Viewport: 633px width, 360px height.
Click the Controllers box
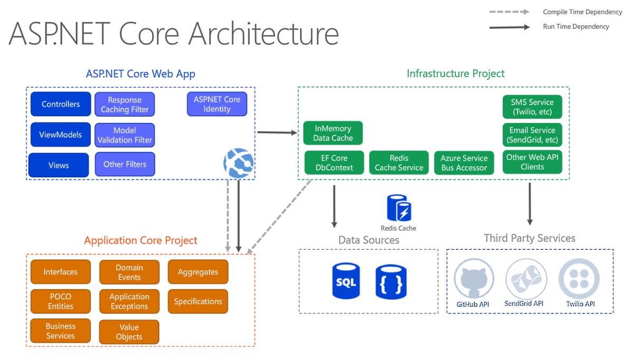tap(61, 104)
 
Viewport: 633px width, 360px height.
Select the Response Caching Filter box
tap(124, 105)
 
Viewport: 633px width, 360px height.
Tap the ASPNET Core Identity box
tap(217, 104)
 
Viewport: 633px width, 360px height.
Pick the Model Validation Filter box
tap(124, 135)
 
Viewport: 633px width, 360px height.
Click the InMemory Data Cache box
tap(333, 133)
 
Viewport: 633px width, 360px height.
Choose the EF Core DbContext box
tap(334, 163)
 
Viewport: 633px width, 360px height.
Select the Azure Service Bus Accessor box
tap(464, 163)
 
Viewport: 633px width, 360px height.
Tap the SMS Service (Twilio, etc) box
tap(532, 107)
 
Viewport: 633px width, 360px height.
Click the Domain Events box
tap(129, 272)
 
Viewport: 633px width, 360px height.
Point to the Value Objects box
tap(129, 331)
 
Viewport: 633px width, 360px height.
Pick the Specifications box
tap(198, 301)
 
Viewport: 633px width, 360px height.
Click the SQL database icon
tap(346, 281)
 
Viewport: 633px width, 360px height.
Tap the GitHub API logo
tap(474, 279)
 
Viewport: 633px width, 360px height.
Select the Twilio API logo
tap(579, 279)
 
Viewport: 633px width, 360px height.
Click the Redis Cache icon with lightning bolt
tap(399, 208)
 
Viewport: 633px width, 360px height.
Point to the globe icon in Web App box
tap(238, 163)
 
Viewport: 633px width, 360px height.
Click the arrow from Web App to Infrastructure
tap(277, 132)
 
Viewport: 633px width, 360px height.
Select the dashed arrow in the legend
tap(509, 12)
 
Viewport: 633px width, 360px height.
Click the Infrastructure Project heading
tap(456, 73)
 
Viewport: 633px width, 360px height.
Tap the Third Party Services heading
tap(530, 238)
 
